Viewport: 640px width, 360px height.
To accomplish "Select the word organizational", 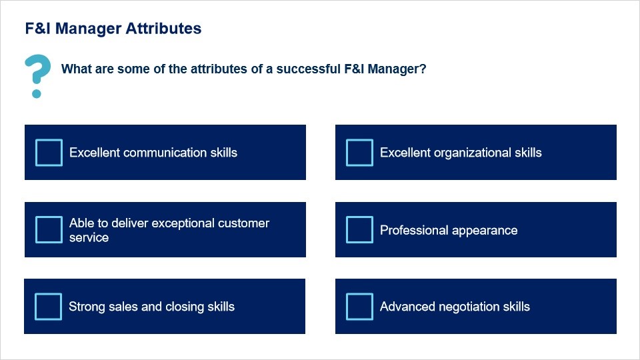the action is tap(472, 153).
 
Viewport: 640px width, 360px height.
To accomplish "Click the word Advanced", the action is tap(407, 307).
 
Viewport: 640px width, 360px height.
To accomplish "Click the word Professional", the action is tap(414, 230).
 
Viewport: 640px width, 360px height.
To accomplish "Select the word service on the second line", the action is tap(89, 237).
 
